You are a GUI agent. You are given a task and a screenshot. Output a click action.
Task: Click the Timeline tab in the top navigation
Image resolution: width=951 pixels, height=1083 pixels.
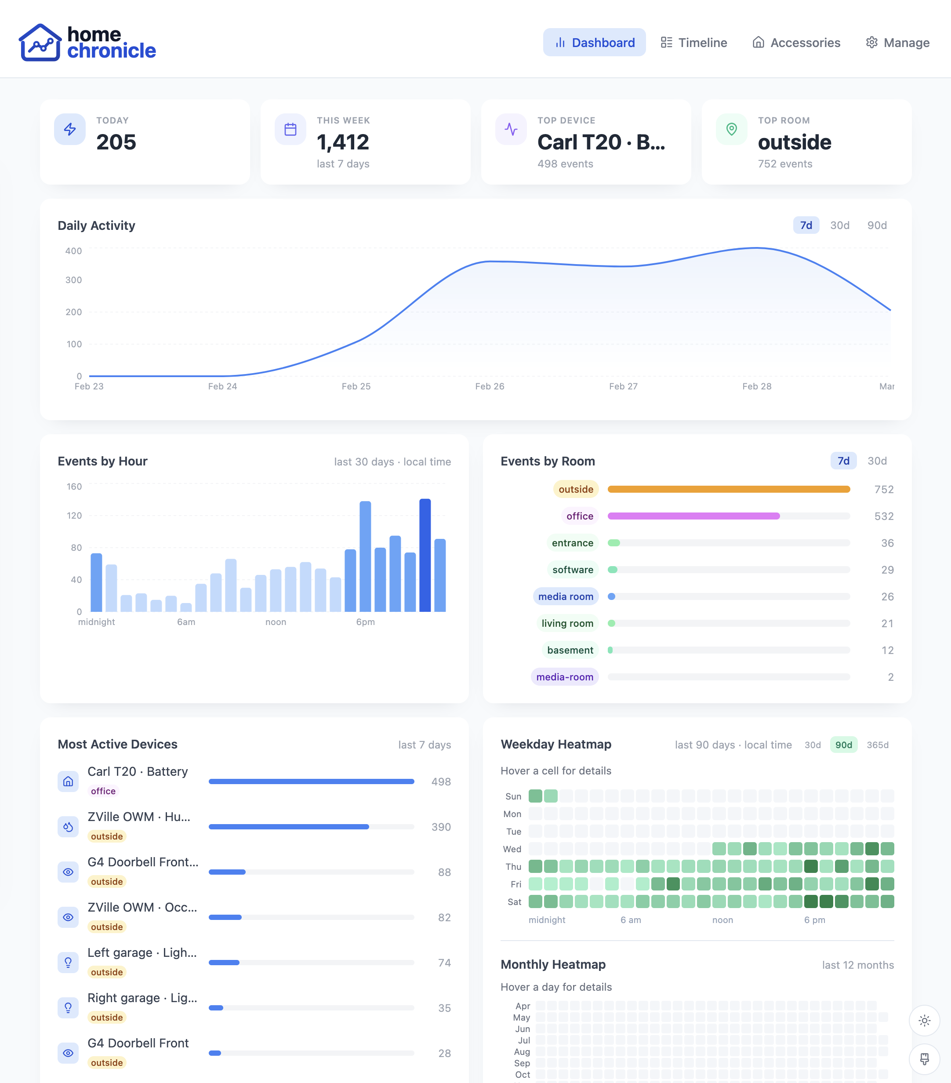point(693,42)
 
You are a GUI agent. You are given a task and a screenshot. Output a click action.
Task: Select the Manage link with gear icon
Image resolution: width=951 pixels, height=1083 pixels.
point(897,42)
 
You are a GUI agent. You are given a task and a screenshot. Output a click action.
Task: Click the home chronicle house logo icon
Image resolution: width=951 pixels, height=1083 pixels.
point(40,42)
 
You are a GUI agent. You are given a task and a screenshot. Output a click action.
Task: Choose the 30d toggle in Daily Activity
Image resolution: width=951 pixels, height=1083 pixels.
point(839,225)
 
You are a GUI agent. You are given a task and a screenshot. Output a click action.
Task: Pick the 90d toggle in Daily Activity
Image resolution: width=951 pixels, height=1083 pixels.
point(876,225)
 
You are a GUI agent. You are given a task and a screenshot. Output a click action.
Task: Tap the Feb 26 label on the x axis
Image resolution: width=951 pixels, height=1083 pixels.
point(489,386)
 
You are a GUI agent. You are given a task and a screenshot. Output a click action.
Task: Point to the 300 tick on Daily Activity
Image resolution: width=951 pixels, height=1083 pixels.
point(74,280)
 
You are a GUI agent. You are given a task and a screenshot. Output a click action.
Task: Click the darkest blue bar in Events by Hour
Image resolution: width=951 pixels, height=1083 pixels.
point(425,555)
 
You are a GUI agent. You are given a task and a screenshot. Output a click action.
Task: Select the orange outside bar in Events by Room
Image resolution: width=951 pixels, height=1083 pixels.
point(729,489)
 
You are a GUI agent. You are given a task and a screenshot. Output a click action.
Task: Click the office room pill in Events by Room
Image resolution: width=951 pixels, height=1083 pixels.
point(579,516)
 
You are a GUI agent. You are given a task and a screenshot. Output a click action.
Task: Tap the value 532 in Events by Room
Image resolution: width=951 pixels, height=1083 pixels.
point(883,516)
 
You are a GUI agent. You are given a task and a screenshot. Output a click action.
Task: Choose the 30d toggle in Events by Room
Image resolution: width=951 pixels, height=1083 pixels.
point(876,461)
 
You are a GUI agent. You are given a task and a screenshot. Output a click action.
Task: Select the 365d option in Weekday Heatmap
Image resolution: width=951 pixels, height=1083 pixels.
point(877,745)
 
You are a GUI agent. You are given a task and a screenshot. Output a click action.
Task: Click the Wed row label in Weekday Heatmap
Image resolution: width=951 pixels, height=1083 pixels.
point(512,849)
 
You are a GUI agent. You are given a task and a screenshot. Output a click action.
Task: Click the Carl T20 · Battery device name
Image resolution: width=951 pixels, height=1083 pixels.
point(138,771)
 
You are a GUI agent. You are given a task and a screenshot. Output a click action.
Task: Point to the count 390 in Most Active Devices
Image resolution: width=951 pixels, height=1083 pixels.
point(440,827)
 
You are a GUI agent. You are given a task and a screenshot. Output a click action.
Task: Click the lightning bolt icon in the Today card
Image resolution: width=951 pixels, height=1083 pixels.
point(70,129)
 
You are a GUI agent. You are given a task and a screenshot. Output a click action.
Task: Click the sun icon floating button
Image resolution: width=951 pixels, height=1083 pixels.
point(924,1021)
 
